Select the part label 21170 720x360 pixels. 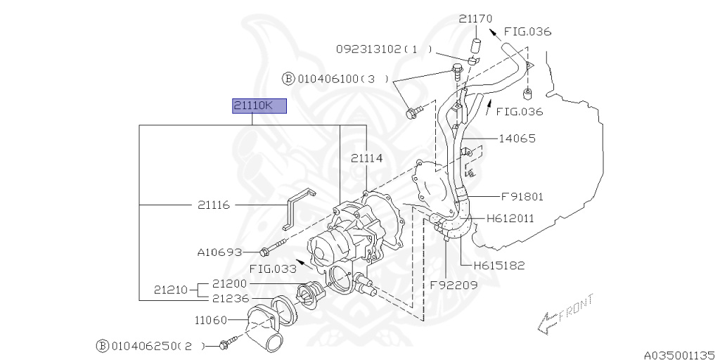click(x=476, y=19)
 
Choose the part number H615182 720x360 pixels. click(x=499, y=265)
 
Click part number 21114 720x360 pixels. click(x=367, y=159)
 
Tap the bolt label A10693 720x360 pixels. click(x=219, y=252)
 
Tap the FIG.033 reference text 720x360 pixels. click(x=272, y=268)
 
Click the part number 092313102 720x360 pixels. click(x=369, y=49)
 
